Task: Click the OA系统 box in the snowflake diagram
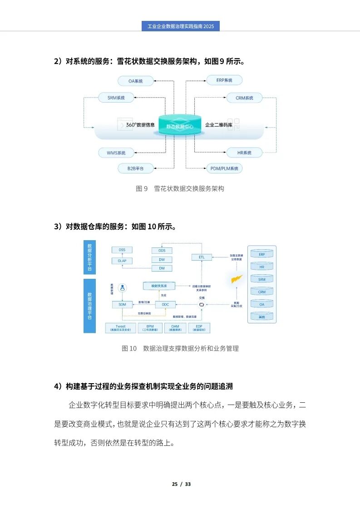point(135,81)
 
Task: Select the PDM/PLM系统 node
point(224,168)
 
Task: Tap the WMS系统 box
point(117,153)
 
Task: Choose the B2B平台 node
point(135,168)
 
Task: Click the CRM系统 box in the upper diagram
point(244,98)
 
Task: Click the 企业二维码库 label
point(219,125)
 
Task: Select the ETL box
point(202,257)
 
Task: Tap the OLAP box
point(122,261)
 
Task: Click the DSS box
point(122,250)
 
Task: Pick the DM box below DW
point(162,268)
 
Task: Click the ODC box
point(165,304)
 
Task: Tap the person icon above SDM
point(122,287)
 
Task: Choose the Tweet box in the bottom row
point(121,328)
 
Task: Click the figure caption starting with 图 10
point(180,348)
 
